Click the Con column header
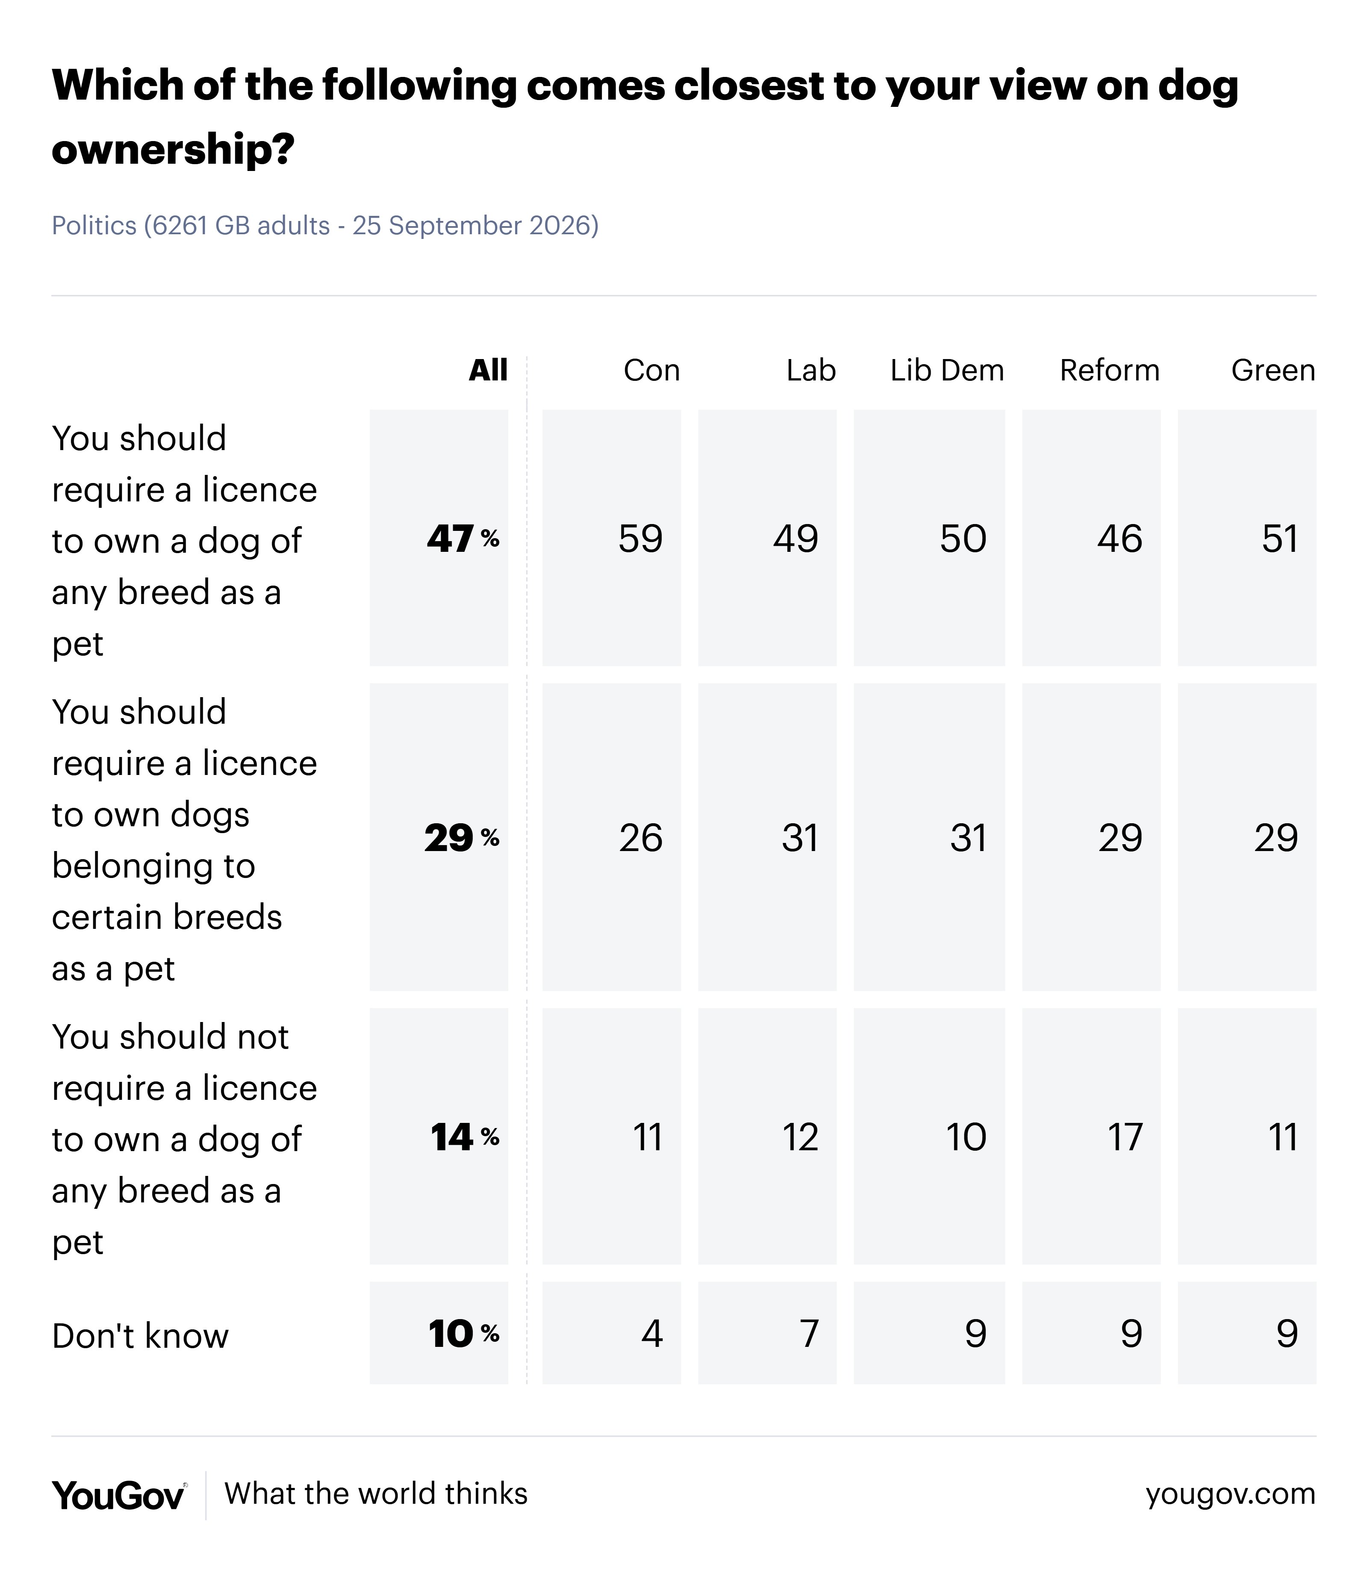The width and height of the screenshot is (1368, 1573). click(x=651, y=371)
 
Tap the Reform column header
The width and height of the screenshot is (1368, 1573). click(x=1109, y=371)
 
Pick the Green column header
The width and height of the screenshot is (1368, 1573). click(x=1274, y=371)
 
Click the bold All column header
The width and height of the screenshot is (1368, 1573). click(x=488, y=371)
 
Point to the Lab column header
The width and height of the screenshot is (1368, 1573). click(x=811, y=371)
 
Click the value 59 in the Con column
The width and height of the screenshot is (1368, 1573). click(x=640, y=539)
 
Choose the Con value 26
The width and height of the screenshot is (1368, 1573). click(x=640, y=838)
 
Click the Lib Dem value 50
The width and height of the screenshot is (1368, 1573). click(x=964, y=539)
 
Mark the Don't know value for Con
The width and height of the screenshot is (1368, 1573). click(x=652, y=1333)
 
